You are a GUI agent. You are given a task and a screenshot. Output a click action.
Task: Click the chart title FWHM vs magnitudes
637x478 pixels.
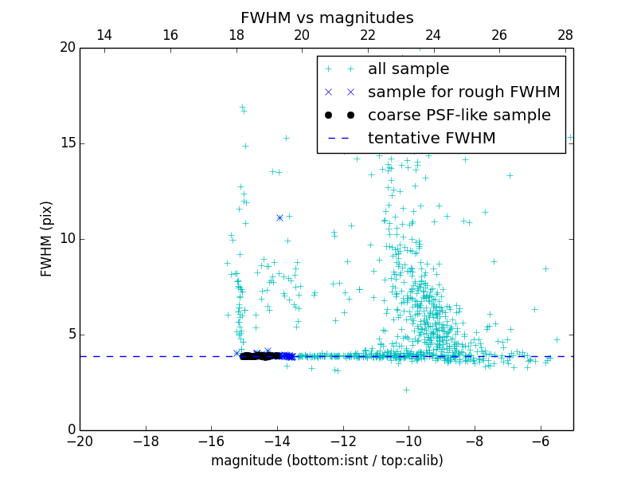coord(326,18)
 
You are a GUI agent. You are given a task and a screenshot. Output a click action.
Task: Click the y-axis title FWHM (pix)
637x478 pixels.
coord(47,238)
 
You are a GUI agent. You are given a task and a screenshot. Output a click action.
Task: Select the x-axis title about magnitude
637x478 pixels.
coord(326,460)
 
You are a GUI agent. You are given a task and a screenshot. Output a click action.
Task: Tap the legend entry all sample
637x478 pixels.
coord(408,69)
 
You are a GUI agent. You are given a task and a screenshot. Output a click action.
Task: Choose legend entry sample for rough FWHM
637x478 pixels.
coord(463,92)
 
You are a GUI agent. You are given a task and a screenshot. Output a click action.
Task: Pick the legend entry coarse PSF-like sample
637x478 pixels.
coord(459,115)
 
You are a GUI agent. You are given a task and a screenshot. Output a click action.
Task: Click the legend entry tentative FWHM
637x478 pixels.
coord(431,138)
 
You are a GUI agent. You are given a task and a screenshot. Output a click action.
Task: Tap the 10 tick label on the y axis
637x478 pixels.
coord(67,239)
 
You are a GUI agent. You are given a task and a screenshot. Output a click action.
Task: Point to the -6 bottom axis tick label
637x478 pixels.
coord(541,441)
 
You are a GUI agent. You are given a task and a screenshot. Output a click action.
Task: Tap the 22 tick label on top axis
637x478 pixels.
coord(368,35)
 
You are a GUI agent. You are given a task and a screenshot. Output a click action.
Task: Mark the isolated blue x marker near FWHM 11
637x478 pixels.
coord(279,217)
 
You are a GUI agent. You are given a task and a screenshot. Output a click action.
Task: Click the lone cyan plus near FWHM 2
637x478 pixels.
coord(406,390)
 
